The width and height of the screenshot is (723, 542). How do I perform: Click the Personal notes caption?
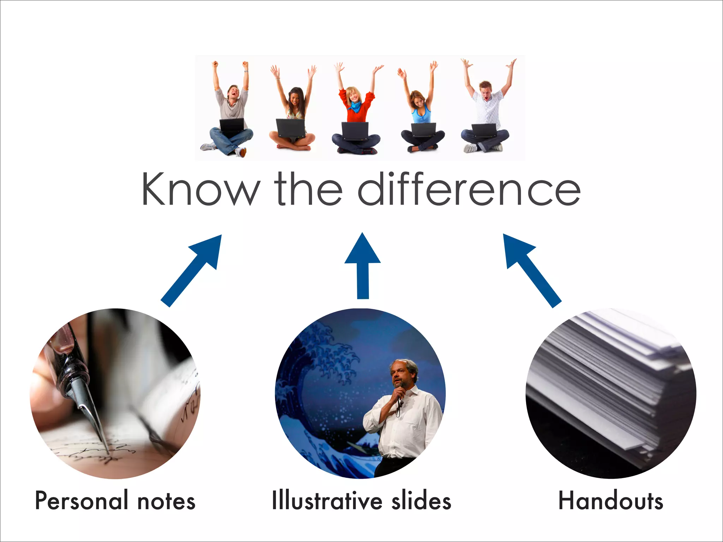tap(115, 501)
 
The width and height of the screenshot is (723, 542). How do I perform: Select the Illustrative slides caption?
tap(361, 501)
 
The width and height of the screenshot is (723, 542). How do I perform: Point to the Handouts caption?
tap(610, 501)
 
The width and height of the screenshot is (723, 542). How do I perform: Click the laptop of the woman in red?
tap(355, 131)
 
